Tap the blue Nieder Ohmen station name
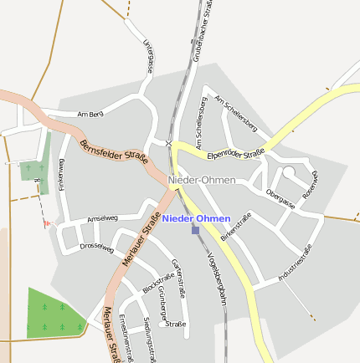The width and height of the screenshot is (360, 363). click(x=196, y=218)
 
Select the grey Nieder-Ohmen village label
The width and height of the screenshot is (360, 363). click(x=202, y=180)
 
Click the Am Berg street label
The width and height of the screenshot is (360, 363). click(x=89, y=114)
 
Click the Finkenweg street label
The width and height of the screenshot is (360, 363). click(x=61, y=175)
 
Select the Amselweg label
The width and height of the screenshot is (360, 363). click(x=102, y=217)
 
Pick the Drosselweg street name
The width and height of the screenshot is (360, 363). click(x=96, y=247)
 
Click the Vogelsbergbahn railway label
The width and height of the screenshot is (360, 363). click(x=217, y=272)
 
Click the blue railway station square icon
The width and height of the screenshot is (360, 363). click(x=195, y=229)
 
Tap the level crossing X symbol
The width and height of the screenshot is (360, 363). click(x=168, y=144)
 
